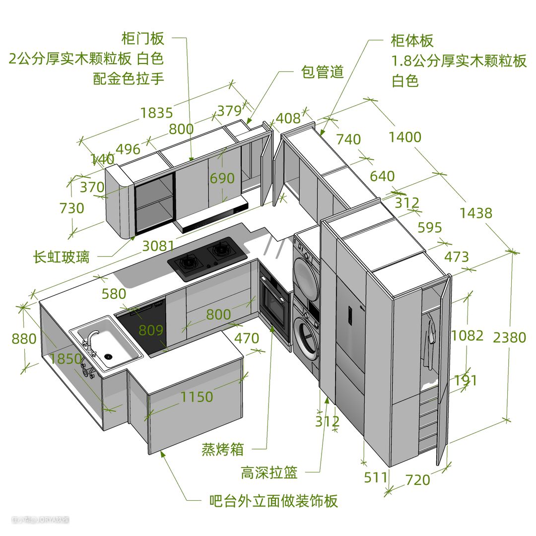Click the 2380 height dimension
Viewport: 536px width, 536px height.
[509, 337]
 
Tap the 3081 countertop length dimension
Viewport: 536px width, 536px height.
[158, 246]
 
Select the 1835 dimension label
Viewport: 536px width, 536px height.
[156, 113]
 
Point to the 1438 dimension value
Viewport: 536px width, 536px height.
[475, 213]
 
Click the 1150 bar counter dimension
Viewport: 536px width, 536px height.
[197, 397]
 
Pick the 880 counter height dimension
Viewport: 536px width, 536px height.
[24, 339]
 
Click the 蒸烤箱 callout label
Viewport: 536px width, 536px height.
[222, 450]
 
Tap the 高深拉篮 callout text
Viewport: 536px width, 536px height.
[269, 472]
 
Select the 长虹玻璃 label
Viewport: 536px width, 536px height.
[62, 257]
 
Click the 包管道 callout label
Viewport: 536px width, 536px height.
[323, 72]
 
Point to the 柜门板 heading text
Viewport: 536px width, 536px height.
[143, 38]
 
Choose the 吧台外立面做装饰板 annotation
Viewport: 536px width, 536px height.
[273, 501]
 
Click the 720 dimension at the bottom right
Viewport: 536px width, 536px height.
[417, 480]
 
